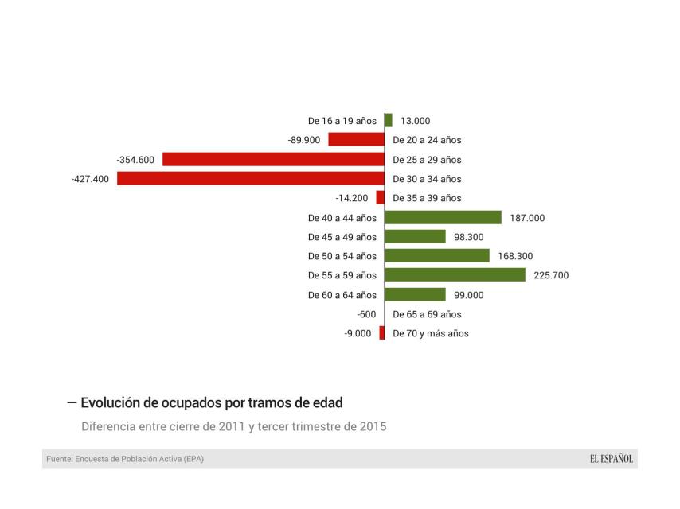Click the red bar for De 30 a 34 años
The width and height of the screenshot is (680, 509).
tap(250, 178)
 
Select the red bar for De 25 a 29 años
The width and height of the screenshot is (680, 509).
tap(273, 159)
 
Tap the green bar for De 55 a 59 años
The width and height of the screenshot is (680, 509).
tap(455, 274)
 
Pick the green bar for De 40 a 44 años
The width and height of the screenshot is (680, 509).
tap(443, 217)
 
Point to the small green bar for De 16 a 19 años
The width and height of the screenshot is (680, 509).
tap(389, 120)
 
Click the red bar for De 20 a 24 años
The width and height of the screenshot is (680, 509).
tap(356, 140)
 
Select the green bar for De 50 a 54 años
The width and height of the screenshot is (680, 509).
tap(437, 255)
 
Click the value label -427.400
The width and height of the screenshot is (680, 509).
tap(90, 179)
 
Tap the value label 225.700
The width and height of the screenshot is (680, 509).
tap(551, 275)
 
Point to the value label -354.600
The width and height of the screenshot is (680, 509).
tap(135, 160)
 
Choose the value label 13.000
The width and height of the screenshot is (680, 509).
tap(415, 121)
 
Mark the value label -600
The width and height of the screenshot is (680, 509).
tap(366, 314)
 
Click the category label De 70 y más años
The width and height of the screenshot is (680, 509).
tap(431, 333)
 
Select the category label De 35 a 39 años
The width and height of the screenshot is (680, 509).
tap(427, 198)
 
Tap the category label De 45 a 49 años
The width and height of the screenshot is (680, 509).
tap(342, 237)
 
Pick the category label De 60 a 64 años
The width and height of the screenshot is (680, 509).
tap(342, 295)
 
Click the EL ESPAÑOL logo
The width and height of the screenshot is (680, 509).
tap(612, 459)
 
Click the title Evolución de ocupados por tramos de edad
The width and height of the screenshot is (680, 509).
tap(212, 402)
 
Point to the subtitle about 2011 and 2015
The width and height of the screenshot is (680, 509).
tap(233, 426)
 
